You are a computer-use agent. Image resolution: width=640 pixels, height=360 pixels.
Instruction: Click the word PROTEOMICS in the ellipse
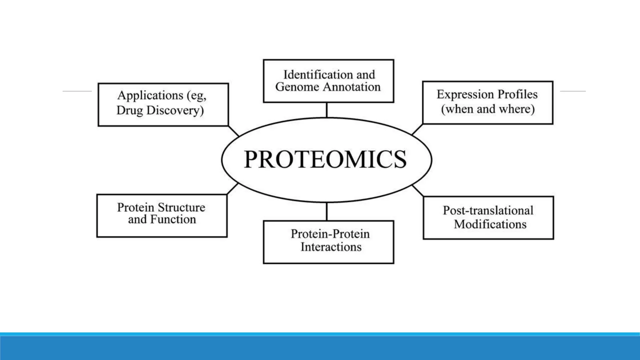pyautogui.click(x=325, y=159)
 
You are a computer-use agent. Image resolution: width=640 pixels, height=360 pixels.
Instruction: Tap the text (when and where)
pyautogui.click(x=488, y=109)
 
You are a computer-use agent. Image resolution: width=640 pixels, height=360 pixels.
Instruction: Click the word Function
pyautogui.click(x=173, y=219)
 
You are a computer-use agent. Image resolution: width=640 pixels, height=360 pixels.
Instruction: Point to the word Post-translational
pyautogui.click(x=488, y=210)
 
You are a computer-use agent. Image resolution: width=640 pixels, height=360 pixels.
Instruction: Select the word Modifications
pyautogui.click(x=490, y=224)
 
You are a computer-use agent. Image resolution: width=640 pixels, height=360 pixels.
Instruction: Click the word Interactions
pyautogui.click(x=331, y=247)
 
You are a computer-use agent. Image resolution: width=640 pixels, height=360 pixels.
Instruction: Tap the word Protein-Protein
pyautogui.click(x=330, y=234)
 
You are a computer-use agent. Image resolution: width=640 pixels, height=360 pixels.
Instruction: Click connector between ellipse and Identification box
pyautogui.click(x=327, y=110)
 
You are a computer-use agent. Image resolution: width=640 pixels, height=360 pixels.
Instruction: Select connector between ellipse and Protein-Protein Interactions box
pyautogui.click(x=327, y=212)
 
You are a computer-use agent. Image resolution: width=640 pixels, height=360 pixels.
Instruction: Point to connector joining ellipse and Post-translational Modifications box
pyautogui.click(x=418, y=191)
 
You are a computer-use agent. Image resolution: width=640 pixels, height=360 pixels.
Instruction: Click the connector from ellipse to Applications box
pyautogui.click(x=233, y=131)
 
